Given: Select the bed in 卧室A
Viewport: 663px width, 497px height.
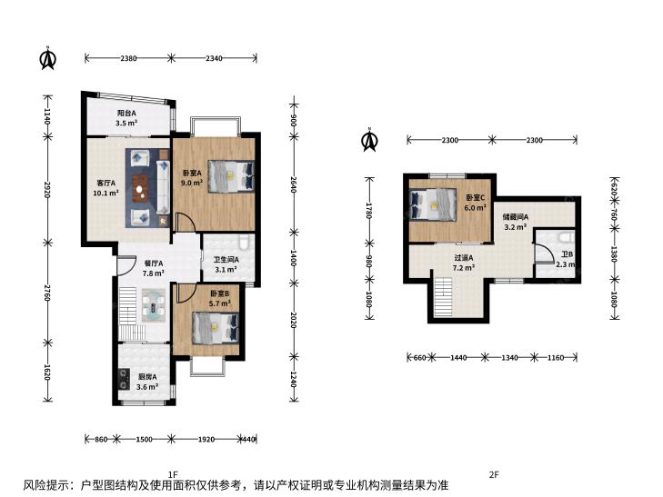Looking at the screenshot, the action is [x=231, y=176].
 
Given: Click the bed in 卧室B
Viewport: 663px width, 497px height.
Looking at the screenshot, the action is [x=216, y=327].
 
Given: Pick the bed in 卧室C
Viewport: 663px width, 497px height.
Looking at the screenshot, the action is [x=433, y=204].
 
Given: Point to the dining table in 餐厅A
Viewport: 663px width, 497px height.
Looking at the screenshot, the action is [x=154, y=305].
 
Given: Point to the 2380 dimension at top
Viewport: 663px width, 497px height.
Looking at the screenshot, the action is [x=128, y=58].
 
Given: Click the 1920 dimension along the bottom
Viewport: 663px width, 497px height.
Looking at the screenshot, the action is [x=206, y=439].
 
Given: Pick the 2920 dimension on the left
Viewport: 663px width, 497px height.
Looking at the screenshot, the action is [x=47, y=190].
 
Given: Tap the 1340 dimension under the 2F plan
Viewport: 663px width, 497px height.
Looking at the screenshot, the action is [x=509, y=358].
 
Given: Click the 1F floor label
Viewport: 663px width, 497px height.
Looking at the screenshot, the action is [x=173, y=473].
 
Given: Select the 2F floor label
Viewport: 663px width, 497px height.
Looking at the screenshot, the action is [x=494, y=474].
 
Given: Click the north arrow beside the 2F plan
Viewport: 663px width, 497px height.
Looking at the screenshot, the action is [x=369, y=140].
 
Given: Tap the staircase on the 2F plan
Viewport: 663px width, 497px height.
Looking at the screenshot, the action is [x=443, y=297].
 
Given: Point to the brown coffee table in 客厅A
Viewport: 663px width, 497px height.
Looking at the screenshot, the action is [x=139, y=188].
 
